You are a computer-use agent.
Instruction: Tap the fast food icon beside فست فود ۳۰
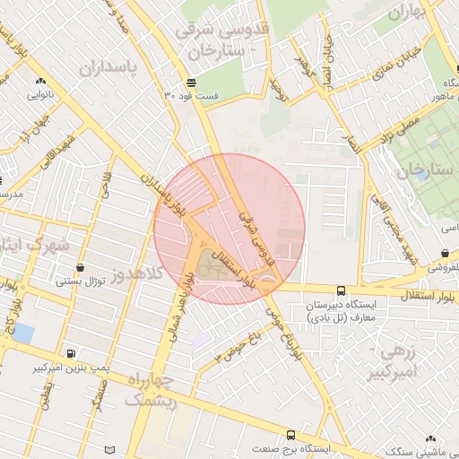[192, 82]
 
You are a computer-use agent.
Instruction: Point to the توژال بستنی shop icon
[81, 267]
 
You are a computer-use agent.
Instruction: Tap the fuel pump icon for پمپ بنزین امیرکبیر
[71, 353]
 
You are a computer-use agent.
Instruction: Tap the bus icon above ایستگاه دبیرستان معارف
[341, 290]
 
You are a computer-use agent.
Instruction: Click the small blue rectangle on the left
[23, 333]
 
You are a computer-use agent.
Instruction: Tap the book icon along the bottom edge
[110, 449]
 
